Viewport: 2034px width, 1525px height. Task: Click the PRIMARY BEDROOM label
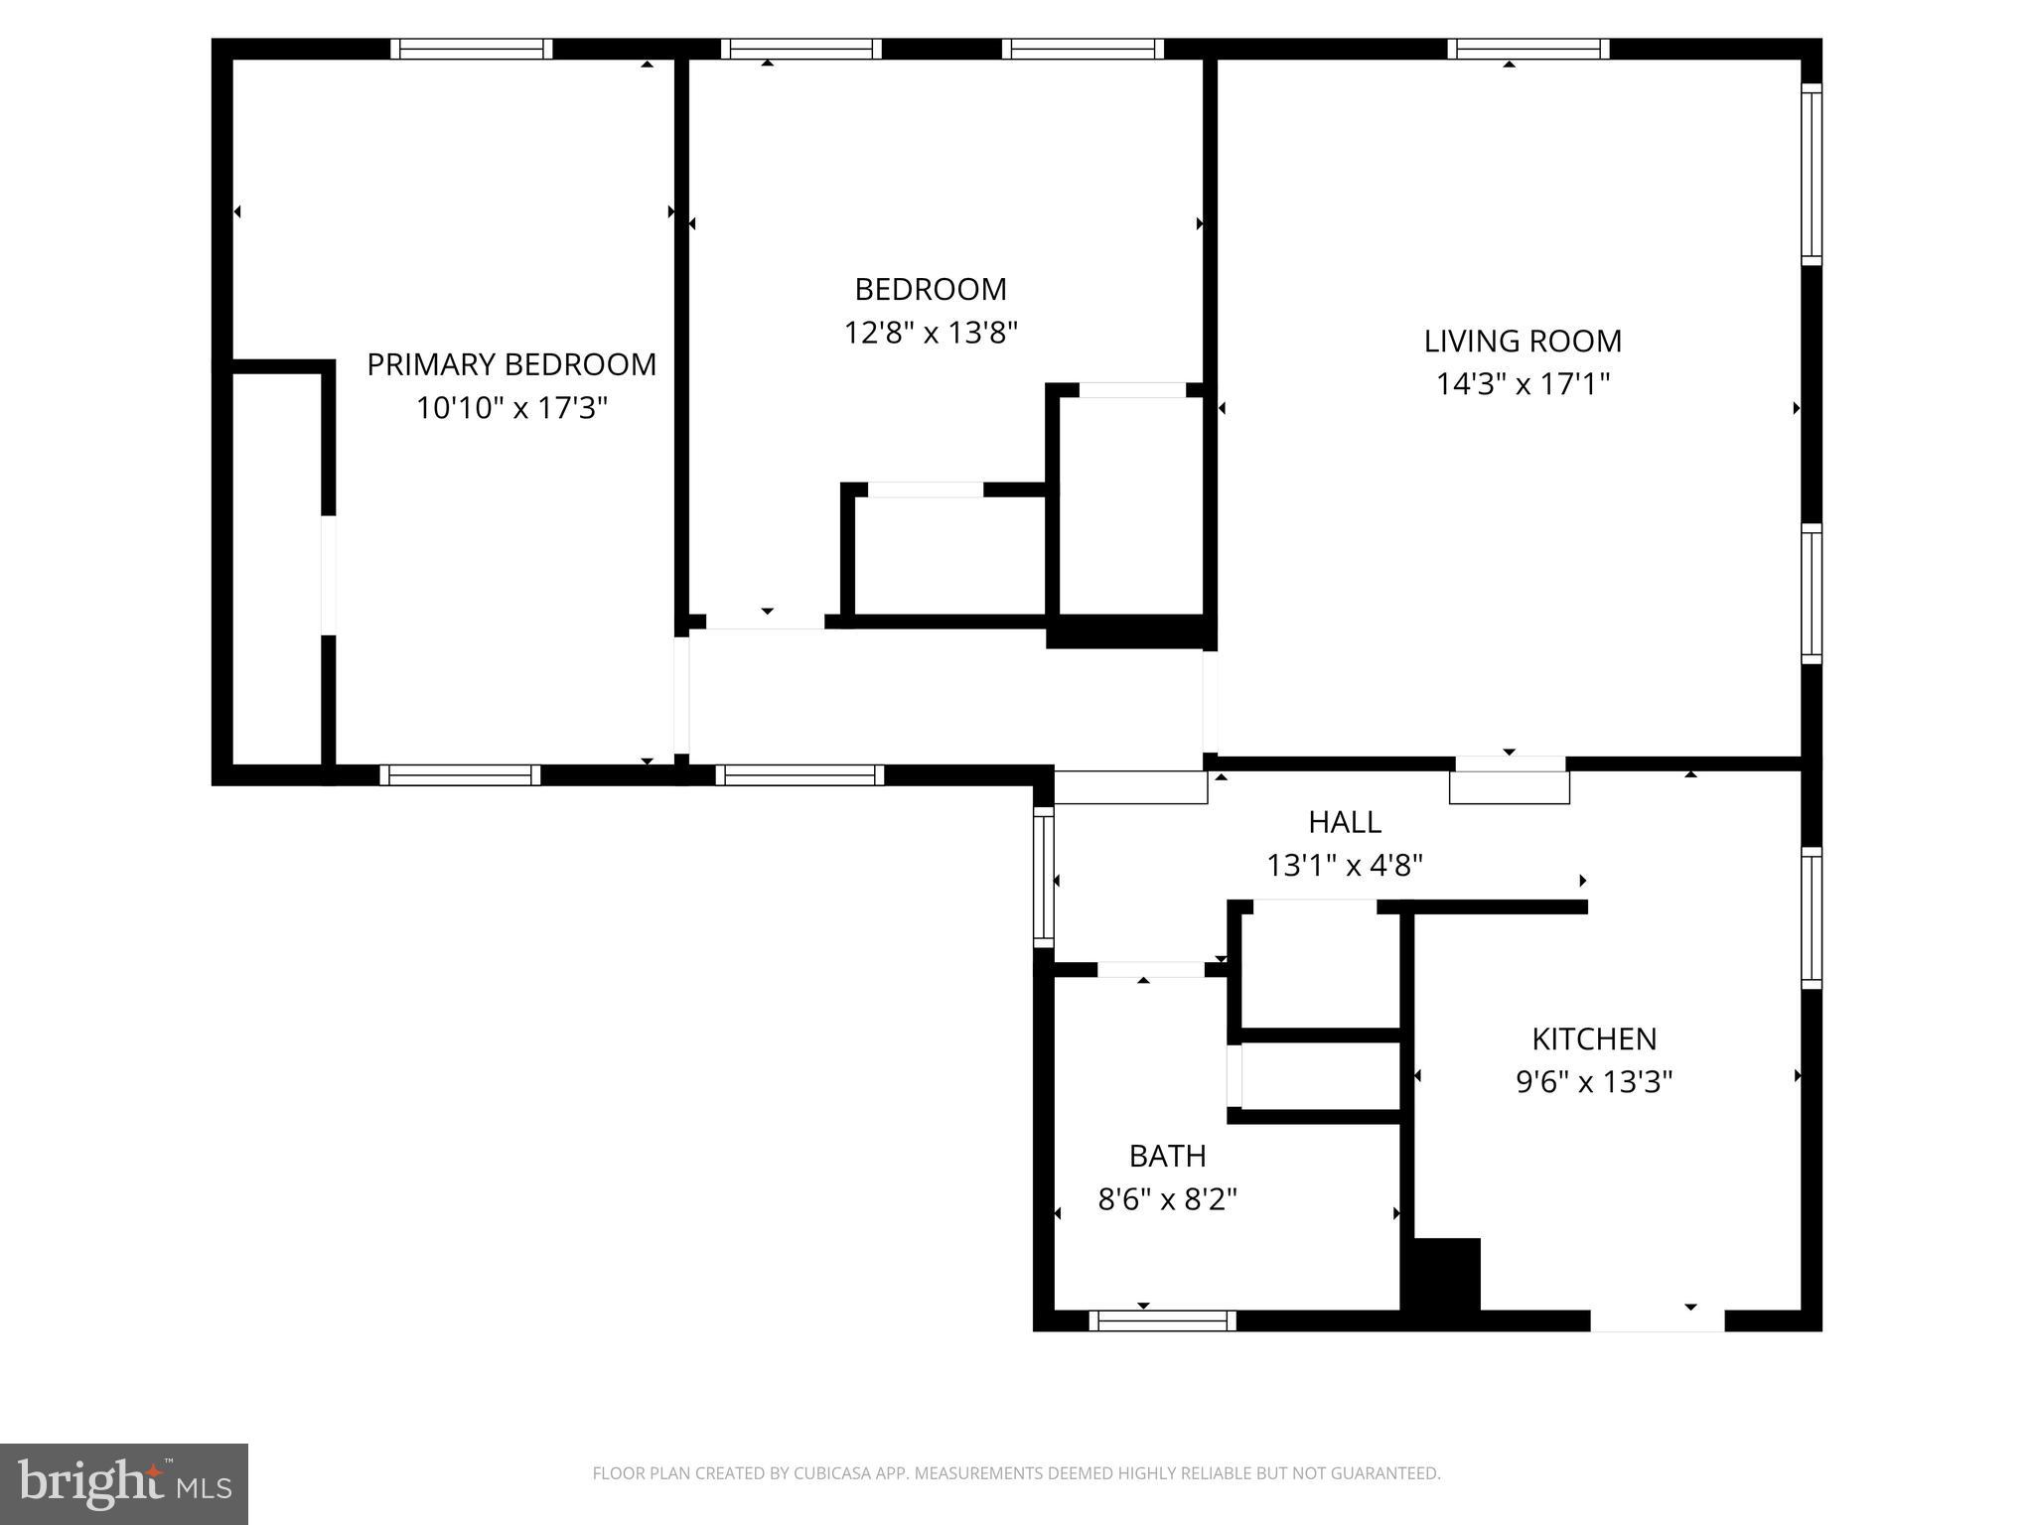click(511, 364)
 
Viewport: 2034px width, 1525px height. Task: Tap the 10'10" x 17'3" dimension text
click(511, 407)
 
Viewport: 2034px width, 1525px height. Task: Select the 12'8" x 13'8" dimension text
click(931, 332)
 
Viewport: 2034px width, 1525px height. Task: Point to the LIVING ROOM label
click(1523, 341)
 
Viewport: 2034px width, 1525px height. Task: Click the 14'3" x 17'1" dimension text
click(1523, 383)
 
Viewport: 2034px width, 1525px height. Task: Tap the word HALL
click(1345, 822)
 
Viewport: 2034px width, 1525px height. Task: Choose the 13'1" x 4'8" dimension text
click(1345, 866)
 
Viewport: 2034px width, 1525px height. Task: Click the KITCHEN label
click(1594, 1039)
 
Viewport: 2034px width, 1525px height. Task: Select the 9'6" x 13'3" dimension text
click(1594, 1081)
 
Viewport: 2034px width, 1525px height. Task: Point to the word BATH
click(1168, 1156)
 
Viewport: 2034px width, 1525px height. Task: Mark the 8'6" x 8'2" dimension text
click(1168, 1199)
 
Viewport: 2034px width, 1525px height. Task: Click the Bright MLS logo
click(124, 1483)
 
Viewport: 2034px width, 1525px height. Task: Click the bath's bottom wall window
click(1163, 1320)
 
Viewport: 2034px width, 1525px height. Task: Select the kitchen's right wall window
click(1812, 918)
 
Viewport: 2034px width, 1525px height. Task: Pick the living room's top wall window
click(1528, 49)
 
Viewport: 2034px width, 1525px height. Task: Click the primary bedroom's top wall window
click(471, 49)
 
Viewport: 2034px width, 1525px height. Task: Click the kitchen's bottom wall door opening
click(1658, 1320)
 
